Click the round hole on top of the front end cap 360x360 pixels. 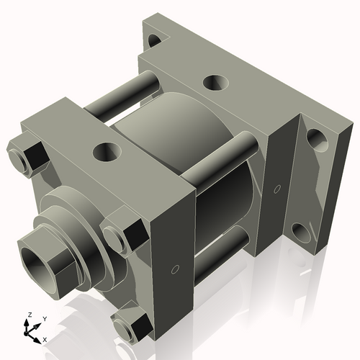coord(107,152)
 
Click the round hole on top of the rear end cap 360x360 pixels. coord(215,82)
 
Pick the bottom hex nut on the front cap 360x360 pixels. coord(130,328)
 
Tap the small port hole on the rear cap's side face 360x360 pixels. coord(277,189)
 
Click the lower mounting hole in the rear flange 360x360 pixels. coord(302,232)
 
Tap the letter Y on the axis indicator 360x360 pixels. coord(44,318)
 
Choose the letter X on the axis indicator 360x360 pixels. coord(45,338)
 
